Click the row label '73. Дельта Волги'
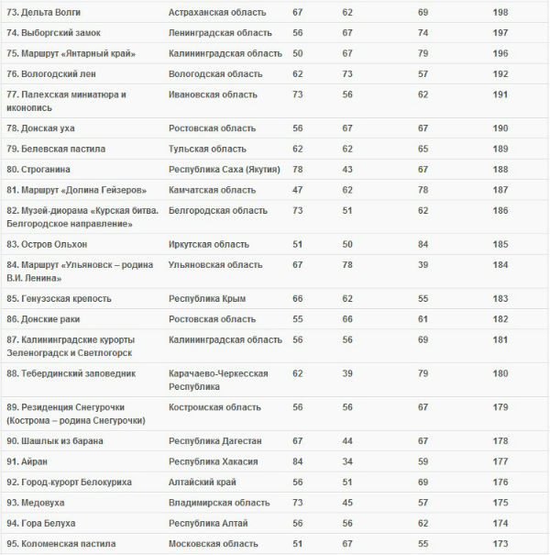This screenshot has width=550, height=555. point(44,13)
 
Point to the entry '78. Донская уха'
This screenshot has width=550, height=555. point(42,128)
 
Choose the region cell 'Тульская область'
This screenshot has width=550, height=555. point(205,149)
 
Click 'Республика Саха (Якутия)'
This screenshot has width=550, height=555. point(224,170)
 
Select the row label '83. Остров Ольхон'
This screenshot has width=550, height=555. point(47,245)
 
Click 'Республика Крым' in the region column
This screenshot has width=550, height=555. point(205,299)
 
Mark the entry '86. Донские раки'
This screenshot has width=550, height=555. point(43,319)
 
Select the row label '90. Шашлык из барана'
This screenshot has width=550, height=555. point(54,441)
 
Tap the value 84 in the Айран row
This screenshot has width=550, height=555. point(298,461)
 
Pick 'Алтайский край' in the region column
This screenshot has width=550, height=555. point(203,482)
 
